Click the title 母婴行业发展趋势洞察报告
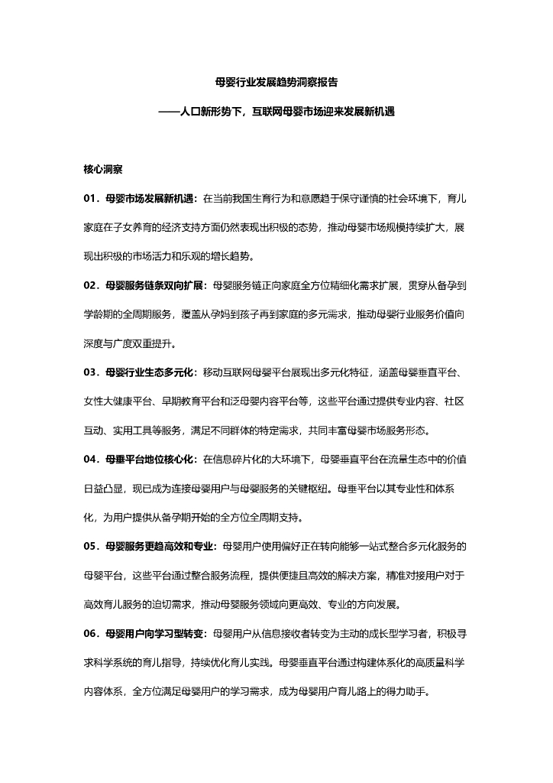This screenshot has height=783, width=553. click(x=276, y=81)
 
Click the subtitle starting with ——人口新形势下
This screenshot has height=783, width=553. click(x=276, y=111)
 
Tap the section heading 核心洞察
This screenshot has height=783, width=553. click(x=104, y=168)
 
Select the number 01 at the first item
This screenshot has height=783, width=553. click(x=91, y=198)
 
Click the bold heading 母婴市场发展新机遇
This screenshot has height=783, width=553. click(x=150, y=198)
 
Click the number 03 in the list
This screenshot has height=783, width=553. click(x=91, y=372)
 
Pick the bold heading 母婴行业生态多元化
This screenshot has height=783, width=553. click(x=150, y=372)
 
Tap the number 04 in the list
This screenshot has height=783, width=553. click(x=91, y=460)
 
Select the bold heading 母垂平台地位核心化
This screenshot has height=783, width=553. click(x=150, y=460)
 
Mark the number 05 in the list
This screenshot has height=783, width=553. click(x=91, y=547)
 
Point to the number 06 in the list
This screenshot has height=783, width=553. click(x=91, y=634)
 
